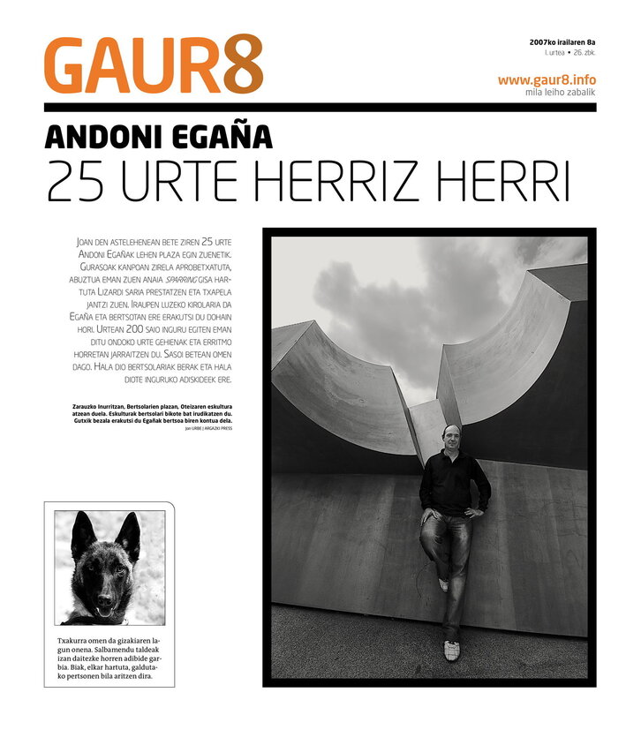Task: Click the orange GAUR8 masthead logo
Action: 154,64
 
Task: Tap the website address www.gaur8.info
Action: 547,79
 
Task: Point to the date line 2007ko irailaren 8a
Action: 562,41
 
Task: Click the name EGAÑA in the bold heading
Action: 218,138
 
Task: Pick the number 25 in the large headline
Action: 76,181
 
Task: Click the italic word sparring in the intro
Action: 185,279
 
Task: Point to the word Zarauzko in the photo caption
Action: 88,407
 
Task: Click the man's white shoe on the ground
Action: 452,651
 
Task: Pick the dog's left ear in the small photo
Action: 83,533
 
